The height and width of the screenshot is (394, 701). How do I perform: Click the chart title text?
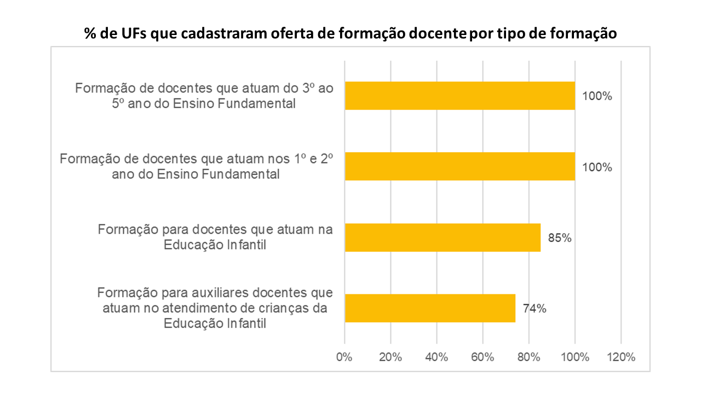tap(350, 34)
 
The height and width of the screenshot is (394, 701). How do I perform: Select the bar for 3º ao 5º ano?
tap(459, 96)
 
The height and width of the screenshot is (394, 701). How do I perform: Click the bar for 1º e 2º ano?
tap(459, 166)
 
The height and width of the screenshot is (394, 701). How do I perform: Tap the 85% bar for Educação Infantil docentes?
tap(443, 237)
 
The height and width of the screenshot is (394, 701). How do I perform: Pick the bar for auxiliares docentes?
tap(430, 308)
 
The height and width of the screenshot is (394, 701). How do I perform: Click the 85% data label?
tap(560, 238)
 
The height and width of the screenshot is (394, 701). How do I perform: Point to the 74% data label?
tap(535, 309)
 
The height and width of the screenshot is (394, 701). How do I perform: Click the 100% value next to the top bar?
tap(597, 96)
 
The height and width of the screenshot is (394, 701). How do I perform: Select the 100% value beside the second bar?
tap(597, 167)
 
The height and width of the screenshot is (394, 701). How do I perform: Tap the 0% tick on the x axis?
tap(344, 357)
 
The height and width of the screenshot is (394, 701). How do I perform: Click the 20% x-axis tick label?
tap(390, 357)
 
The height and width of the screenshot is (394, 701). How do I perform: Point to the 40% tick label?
tap(436, 357)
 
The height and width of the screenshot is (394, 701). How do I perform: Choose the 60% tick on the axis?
tap(482, 357)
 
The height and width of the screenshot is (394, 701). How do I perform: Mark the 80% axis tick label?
tap(528, 357)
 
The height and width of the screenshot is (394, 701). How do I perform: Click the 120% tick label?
tap(620, 357)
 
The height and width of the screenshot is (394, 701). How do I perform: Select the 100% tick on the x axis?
tap(574, 357)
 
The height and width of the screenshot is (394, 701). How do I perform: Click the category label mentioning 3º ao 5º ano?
tap(204, 95)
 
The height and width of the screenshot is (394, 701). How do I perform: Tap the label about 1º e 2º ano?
tap(196, 166)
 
